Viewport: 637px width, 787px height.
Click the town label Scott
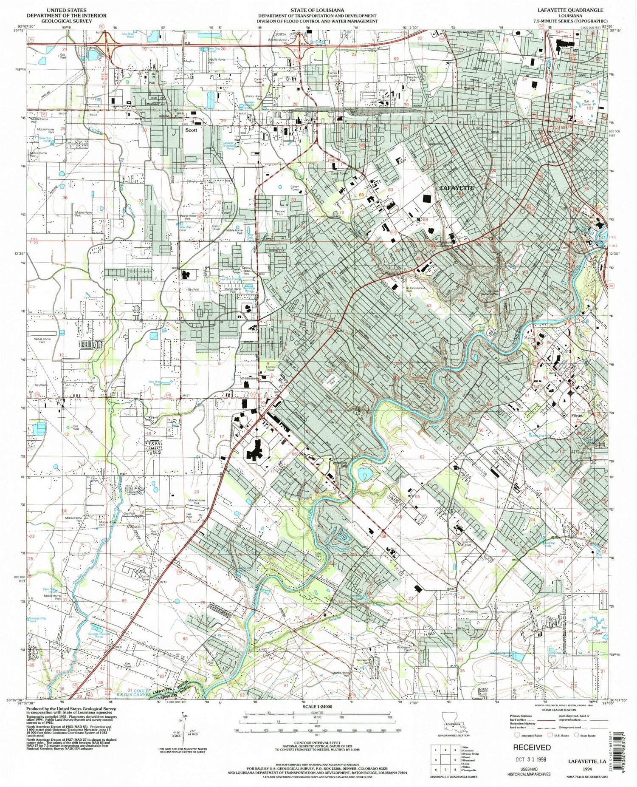tap(191, 130)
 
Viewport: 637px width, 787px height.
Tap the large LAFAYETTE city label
tap(457, 187)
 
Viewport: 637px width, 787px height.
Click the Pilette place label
tap(578, 415)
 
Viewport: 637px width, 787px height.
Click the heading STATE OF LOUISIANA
tap(317, 9)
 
